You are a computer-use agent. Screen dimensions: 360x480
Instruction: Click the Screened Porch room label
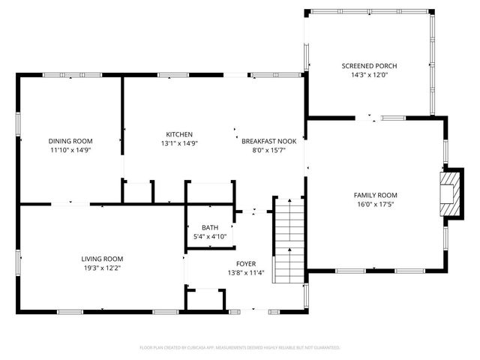368,66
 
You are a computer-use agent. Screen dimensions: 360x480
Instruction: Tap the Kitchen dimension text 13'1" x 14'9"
179,143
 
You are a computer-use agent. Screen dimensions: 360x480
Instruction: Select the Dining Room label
70,141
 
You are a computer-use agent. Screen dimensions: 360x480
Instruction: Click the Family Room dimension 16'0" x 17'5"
375,204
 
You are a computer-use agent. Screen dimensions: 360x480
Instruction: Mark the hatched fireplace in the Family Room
448,193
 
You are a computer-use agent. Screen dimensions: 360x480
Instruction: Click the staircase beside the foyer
287,240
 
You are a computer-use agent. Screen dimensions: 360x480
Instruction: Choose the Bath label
209,227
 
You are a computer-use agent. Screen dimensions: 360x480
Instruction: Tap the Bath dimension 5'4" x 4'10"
209,236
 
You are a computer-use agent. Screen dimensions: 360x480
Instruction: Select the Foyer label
246,264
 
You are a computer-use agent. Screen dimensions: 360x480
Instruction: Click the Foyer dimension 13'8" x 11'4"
246,273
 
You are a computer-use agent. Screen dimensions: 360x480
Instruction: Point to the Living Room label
102,259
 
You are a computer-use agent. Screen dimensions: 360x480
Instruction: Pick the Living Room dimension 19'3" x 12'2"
102,268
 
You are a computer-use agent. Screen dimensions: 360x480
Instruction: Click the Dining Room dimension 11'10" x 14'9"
70,150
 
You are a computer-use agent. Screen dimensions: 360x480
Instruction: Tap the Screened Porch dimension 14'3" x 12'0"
368,75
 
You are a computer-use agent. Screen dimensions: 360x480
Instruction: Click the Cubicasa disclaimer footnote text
240,348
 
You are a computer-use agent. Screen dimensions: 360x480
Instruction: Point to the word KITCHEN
179,134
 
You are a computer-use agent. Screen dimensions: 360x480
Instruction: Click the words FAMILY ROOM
375,195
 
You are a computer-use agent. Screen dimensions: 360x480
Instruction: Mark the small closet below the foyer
205,299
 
